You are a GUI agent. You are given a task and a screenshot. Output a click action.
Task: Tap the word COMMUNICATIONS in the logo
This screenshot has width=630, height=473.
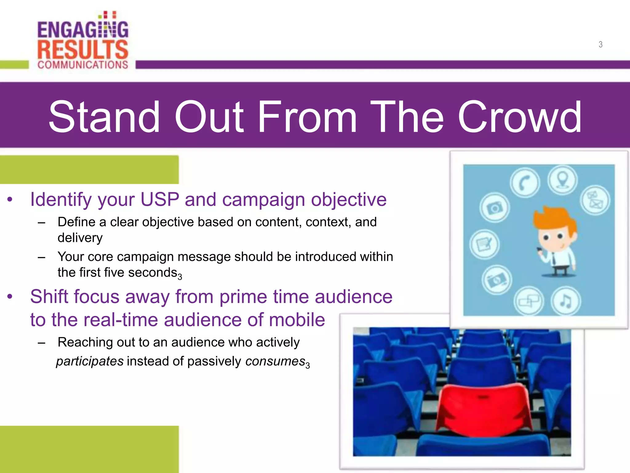[82, 65]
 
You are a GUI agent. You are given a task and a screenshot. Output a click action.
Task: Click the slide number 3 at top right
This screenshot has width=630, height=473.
[600, 44]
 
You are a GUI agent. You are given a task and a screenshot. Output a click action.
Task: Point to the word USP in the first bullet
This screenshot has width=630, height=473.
[159, 200]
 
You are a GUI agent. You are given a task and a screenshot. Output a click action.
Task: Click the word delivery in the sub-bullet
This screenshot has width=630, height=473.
[80, 238]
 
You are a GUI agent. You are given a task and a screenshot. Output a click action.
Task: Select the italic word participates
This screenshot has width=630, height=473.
[90, 361]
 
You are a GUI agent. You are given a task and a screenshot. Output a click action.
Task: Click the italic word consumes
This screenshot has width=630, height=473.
[275, 361]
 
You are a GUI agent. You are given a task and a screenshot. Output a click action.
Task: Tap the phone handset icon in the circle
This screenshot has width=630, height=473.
[524, 183]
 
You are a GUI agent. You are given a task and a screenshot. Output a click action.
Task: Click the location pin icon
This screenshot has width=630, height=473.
[562, 180]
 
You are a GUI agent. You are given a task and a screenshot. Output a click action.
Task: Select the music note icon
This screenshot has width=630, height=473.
[565, 301]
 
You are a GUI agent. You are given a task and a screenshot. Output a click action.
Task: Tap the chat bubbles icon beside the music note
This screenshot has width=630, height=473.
[528, 301]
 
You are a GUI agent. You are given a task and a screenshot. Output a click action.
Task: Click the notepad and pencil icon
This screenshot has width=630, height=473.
[484, 244]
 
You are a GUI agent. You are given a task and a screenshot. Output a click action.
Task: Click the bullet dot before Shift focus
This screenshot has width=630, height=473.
[10, 297]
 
